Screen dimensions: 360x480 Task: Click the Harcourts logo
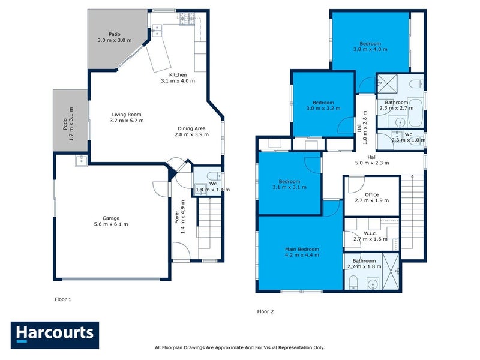point(55,334)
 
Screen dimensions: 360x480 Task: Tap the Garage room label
point(110,218)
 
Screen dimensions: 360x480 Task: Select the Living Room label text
point(125,114)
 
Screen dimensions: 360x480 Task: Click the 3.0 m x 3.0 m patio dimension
point(114,41)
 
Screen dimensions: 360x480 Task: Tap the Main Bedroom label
point(302,249)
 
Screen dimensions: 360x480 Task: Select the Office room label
point(371,194)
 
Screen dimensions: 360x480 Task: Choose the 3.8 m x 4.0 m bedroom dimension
point(370,49)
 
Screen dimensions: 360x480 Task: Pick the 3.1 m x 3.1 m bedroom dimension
point(289,187)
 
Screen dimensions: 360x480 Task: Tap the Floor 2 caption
point(265,311)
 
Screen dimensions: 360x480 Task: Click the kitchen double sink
point(157,30)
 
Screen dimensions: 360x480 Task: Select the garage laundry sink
point(80,160)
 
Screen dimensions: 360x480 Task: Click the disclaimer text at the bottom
point(239,347)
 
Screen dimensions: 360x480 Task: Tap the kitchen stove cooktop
point(184,20)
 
